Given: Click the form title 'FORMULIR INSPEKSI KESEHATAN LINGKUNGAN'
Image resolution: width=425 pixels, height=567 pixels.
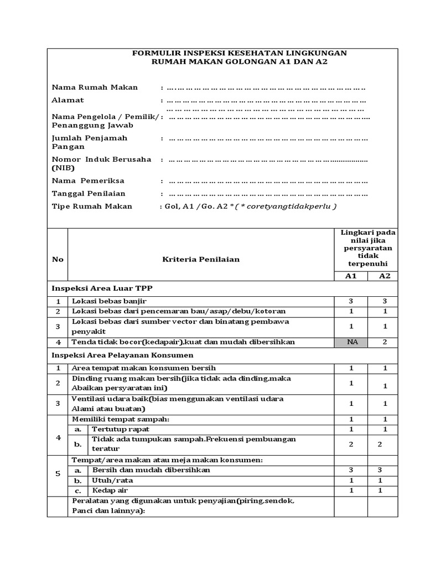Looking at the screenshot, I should point(239,53).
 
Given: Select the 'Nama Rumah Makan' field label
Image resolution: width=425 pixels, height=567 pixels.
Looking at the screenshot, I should point(95,87).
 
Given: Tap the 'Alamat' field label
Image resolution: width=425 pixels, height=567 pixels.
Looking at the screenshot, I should point(68,100).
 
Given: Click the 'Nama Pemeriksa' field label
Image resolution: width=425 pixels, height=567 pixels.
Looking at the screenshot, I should point(88,181).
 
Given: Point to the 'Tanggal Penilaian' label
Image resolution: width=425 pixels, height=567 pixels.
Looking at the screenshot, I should point(89,193).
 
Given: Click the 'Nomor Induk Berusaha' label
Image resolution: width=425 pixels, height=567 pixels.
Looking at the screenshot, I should point(101,159).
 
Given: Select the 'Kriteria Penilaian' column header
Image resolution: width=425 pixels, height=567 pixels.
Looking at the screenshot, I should point(201,259).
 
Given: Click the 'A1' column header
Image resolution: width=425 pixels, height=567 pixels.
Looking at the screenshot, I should point(351,276).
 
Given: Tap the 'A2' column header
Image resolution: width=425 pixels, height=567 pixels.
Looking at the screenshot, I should point(385,276).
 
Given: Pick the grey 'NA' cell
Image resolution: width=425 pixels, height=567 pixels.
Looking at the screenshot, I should point(351,342).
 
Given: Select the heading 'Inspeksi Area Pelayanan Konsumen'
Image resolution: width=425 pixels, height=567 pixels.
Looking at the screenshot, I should point(122,355).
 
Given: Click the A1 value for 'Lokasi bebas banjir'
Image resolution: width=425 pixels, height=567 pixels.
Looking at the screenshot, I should point(351,301).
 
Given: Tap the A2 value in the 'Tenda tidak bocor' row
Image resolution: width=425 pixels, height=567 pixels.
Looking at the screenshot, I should point(385,342).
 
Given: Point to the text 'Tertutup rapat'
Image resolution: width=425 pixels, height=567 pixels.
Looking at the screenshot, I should point(120,429).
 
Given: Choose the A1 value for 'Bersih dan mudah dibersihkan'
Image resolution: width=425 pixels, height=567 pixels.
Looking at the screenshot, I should point(351,470).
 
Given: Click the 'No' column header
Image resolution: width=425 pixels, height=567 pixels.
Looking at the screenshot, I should point(58,259).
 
